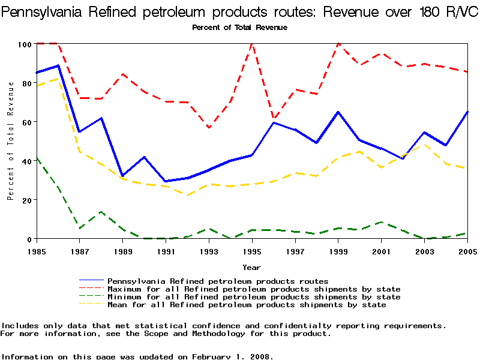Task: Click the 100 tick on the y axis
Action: click(x=25, y=44)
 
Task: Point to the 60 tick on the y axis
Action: click(x=27, y=122)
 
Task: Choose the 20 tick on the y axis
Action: click(x=27, y=200)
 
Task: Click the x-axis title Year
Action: click(x=251, y=267)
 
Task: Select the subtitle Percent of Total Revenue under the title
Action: click(x=239, y=28)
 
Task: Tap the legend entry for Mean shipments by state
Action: click(x=246, y=305)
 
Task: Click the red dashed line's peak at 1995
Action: click(x=251, y=44)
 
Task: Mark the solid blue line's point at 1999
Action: click(x=338, y=112)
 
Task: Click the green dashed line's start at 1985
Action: click(x=37, y=158)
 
